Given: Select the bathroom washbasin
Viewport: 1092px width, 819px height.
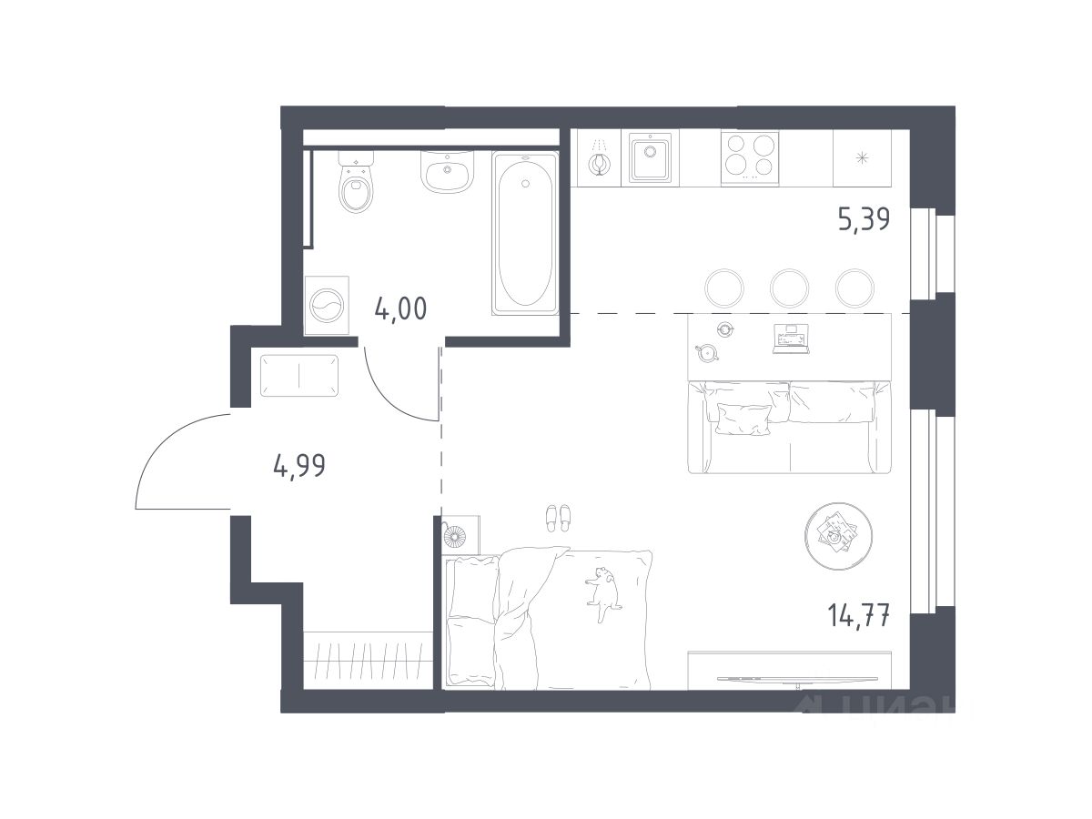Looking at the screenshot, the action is point(447,171).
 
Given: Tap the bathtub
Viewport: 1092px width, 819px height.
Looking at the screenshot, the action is point(525,233).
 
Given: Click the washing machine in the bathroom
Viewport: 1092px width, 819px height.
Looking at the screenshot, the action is point(327,306).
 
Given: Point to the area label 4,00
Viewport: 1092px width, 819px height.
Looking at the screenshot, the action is point(400,308).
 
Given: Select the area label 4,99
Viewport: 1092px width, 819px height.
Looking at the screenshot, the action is point(299,465).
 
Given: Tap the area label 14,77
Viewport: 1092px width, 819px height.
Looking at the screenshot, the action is point(859,615).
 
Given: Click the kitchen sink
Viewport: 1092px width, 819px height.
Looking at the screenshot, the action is point(650,157).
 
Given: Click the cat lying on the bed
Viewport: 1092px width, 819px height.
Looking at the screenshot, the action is point(603,593).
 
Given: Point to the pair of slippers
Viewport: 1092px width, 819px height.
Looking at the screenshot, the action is point(558,518).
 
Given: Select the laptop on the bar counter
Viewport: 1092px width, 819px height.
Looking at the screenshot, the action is point(791,339).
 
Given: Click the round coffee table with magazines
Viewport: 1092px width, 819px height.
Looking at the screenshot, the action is point(838,536).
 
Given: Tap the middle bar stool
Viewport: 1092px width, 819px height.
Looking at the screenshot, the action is point(789,288).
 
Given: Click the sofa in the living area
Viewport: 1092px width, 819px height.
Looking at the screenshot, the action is point(790,427).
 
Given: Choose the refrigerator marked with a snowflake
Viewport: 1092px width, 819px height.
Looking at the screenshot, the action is point(862,158).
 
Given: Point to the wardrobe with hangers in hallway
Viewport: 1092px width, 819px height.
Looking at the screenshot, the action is point(368,661).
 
